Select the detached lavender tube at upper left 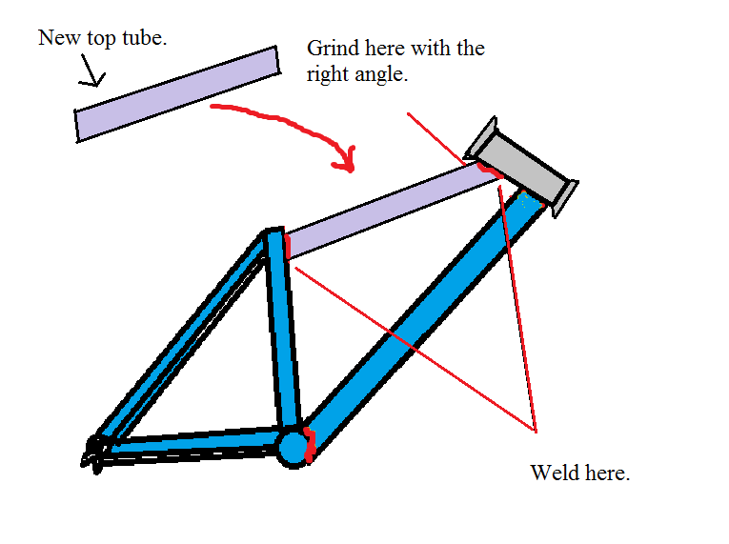(x=177, y=93)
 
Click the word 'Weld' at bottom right (x=551, y=473)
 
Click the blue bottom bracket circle (x=293, y=447)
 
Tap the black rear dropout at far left (x=93, y=451)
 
